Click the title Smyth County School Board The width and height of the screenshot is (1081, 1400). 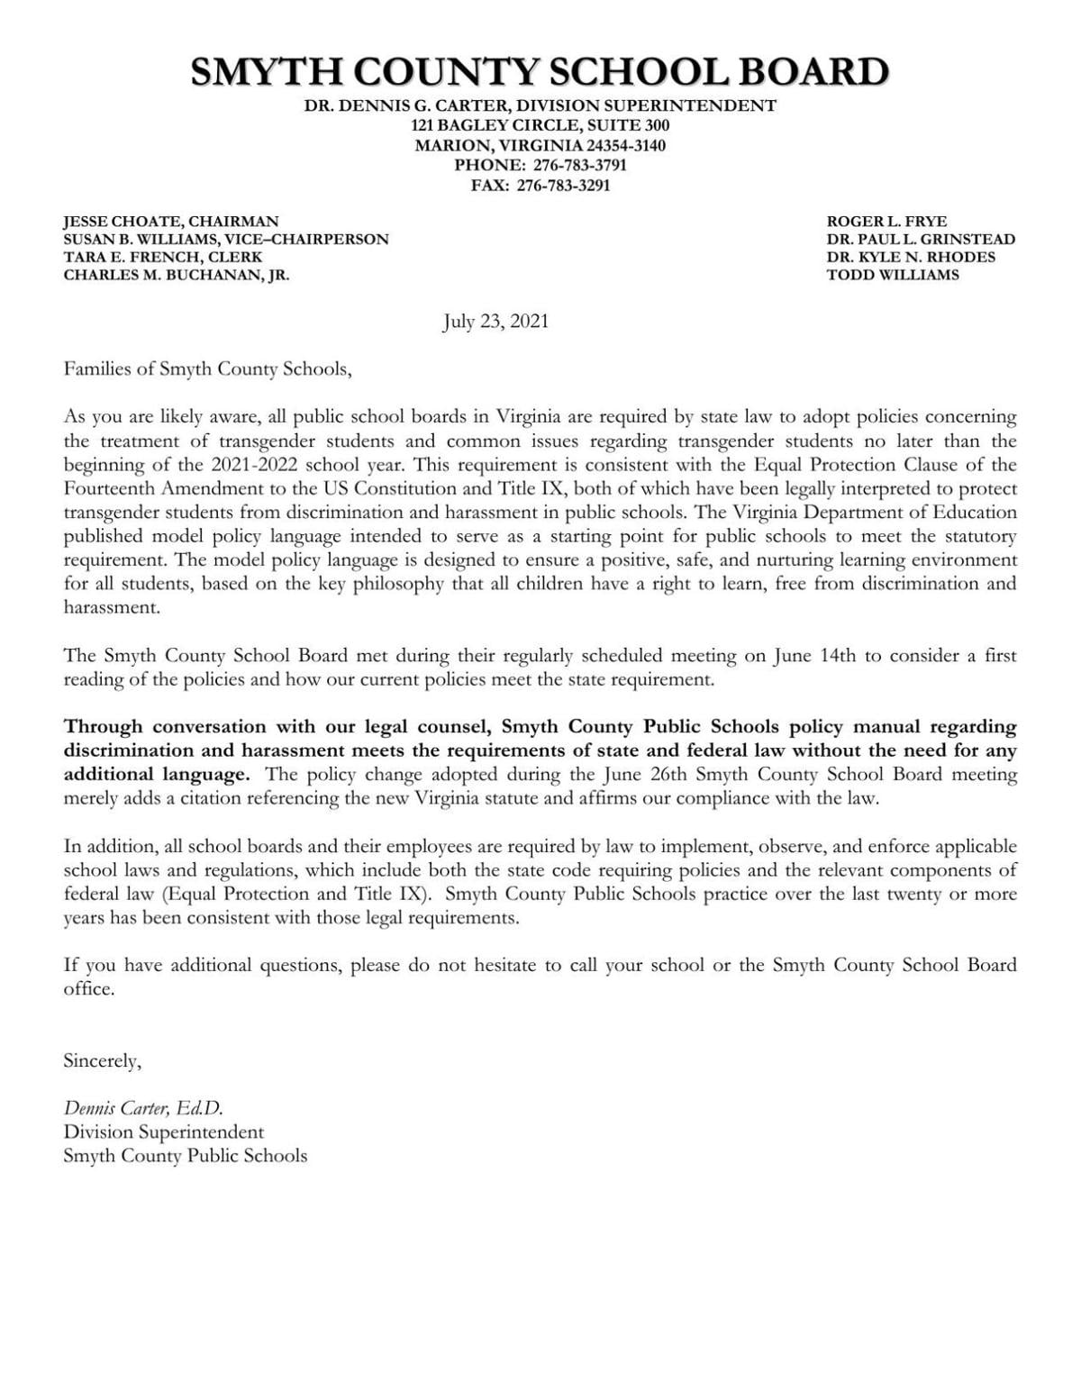(540, 72)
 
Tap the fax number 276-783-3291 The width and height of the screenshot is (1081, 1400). (563, 186)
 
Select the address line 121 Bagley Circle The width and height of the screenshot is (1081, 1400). (540, 125)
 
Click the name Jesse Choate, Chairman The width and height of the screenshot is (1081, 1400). (170, 221)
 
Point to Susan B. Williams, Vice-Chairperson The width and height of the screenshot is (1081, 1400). (225, 239)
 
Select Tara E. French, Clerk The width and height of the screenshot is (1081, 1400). (162, 257)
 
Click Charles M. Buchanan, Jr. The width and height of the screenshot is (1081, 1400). (176, 275)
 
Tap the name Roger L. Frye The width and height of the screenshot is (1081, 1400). (886, 221)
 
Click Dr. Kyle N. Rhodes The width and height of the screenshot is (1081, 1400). (911, 257)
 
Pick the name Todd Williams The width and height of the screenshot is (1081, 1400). (893, 275)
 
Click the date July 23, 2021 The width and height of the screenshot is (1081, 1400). (495, 322)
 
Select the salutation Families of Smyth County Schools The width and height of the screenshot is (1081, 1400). (205, 369)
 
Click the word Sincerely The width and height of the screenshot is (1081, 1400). (102, 1061)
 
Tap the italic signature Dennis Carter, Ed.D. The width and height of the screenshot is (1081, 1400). (142, 1108)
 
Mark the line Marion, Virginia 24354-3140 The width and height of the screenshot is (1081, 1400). (540, 145)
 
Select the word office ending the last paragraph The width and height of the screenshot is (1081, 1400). (88, 988)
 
